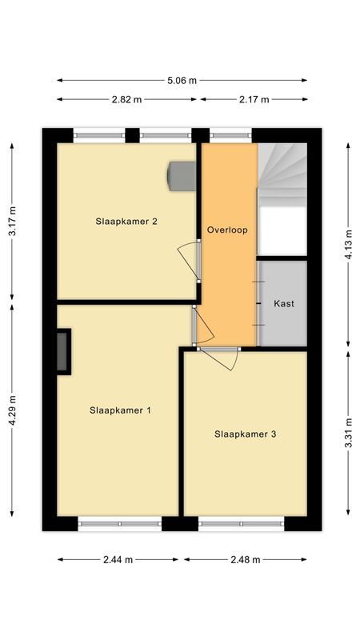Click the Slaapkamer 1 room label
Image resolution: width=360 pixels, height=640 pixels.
[x=121, y=410]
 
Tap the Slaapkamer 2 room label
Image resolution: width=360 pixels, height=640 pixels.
[x=126, y=221]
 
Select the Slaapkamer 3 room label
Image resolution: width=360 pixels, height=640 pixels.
[x=246, y=434]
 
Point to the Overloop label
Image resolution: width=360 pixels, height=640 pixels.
[x=227, y=230]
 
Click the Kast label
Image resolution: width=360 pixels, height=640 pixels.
[x=283, y=304]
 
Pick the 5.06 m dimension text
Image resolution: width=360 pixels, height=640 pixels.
[x=182, y=80]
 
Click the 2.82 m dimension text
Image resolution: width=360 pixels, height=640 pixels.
[x=128, y=99]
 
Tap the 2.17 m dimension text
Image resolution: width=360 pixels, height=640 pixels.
[x=254, y=99]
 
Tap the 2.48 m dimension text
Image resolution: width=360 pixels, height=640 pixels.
[x=246, y=559]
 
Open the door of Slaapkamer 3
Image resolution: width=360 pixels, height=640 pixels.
[x=222, y=358]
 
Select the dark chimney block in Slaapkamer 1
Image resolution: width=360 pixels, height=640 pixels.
[x=63, y=350]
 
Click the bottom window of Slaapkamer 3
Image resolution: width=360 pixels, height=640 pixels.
[x=241, y=524]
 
